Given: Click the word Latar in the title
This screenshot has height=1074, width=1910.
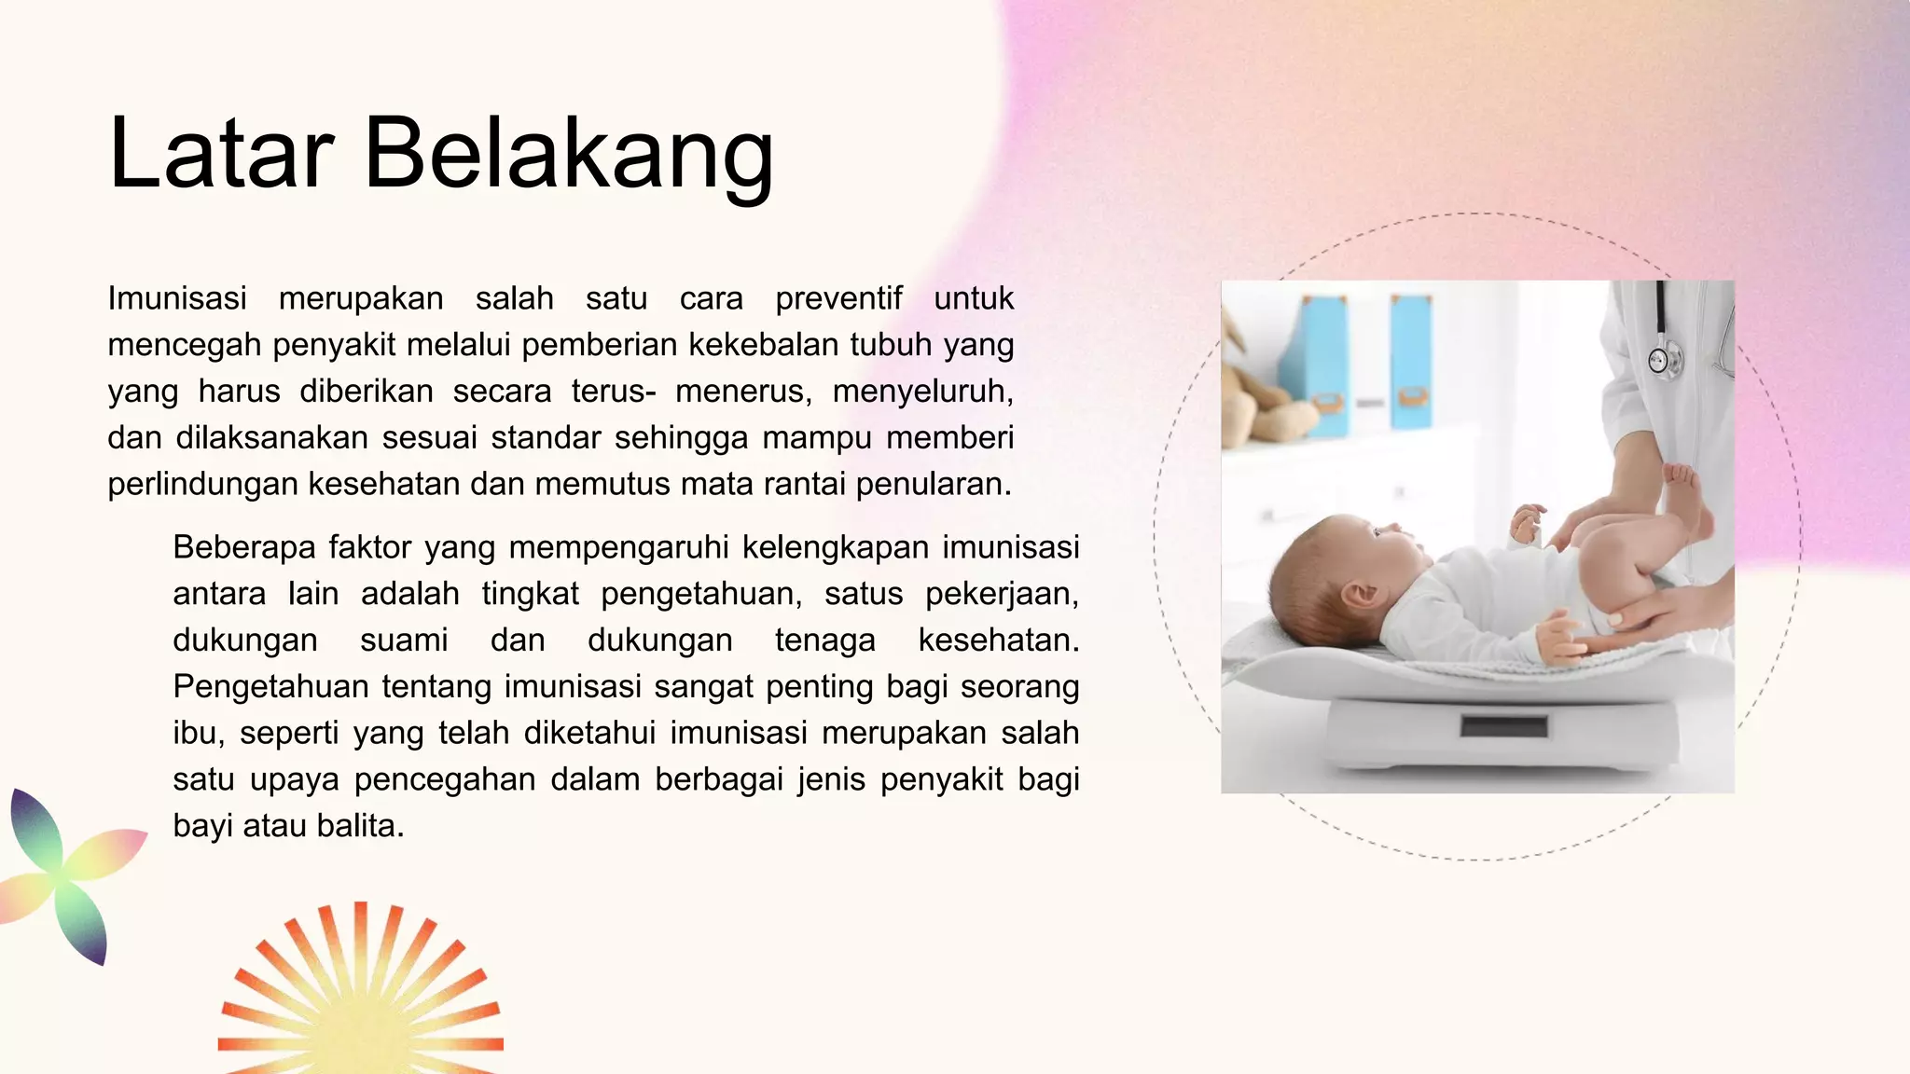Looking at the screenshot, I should click(x=221, y=153).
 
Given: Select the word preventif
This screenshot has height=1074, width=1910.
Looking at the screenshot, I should click(x=838, y=298).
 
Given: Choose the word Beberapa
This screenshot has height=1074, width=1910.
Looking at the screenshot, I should click(x=244, y=547).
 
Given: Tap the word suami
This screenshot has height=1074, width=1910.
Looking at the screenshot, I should click(x=404, y=640).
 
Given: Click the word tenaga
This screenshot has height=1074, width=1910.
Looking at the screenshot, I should click(x=824, y=640).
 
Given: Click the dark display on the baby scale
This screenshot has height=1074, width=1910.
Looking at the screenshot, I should click(x=1503, y=725).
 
